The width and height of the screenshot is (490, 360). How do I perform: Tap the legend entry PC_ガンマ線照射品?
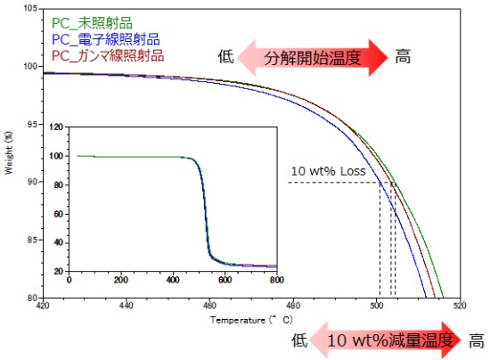pos(104,56)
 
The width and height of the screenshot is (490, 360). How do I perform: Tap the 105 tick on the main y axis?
pos(31,8)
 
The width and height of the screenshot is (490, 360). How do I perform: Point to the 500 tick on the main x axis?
pos(377,306)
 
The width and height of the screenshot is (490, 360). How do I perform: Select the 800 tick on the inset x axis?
pos(277,279)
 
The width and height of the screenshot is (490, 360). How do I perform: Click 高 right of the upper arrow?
pos(403,58)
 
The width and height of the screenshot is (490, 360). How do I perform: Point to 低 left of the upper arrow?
pos(225,58)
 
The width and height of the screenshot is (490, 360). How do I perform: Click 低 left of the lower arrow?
pos(302,340)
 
